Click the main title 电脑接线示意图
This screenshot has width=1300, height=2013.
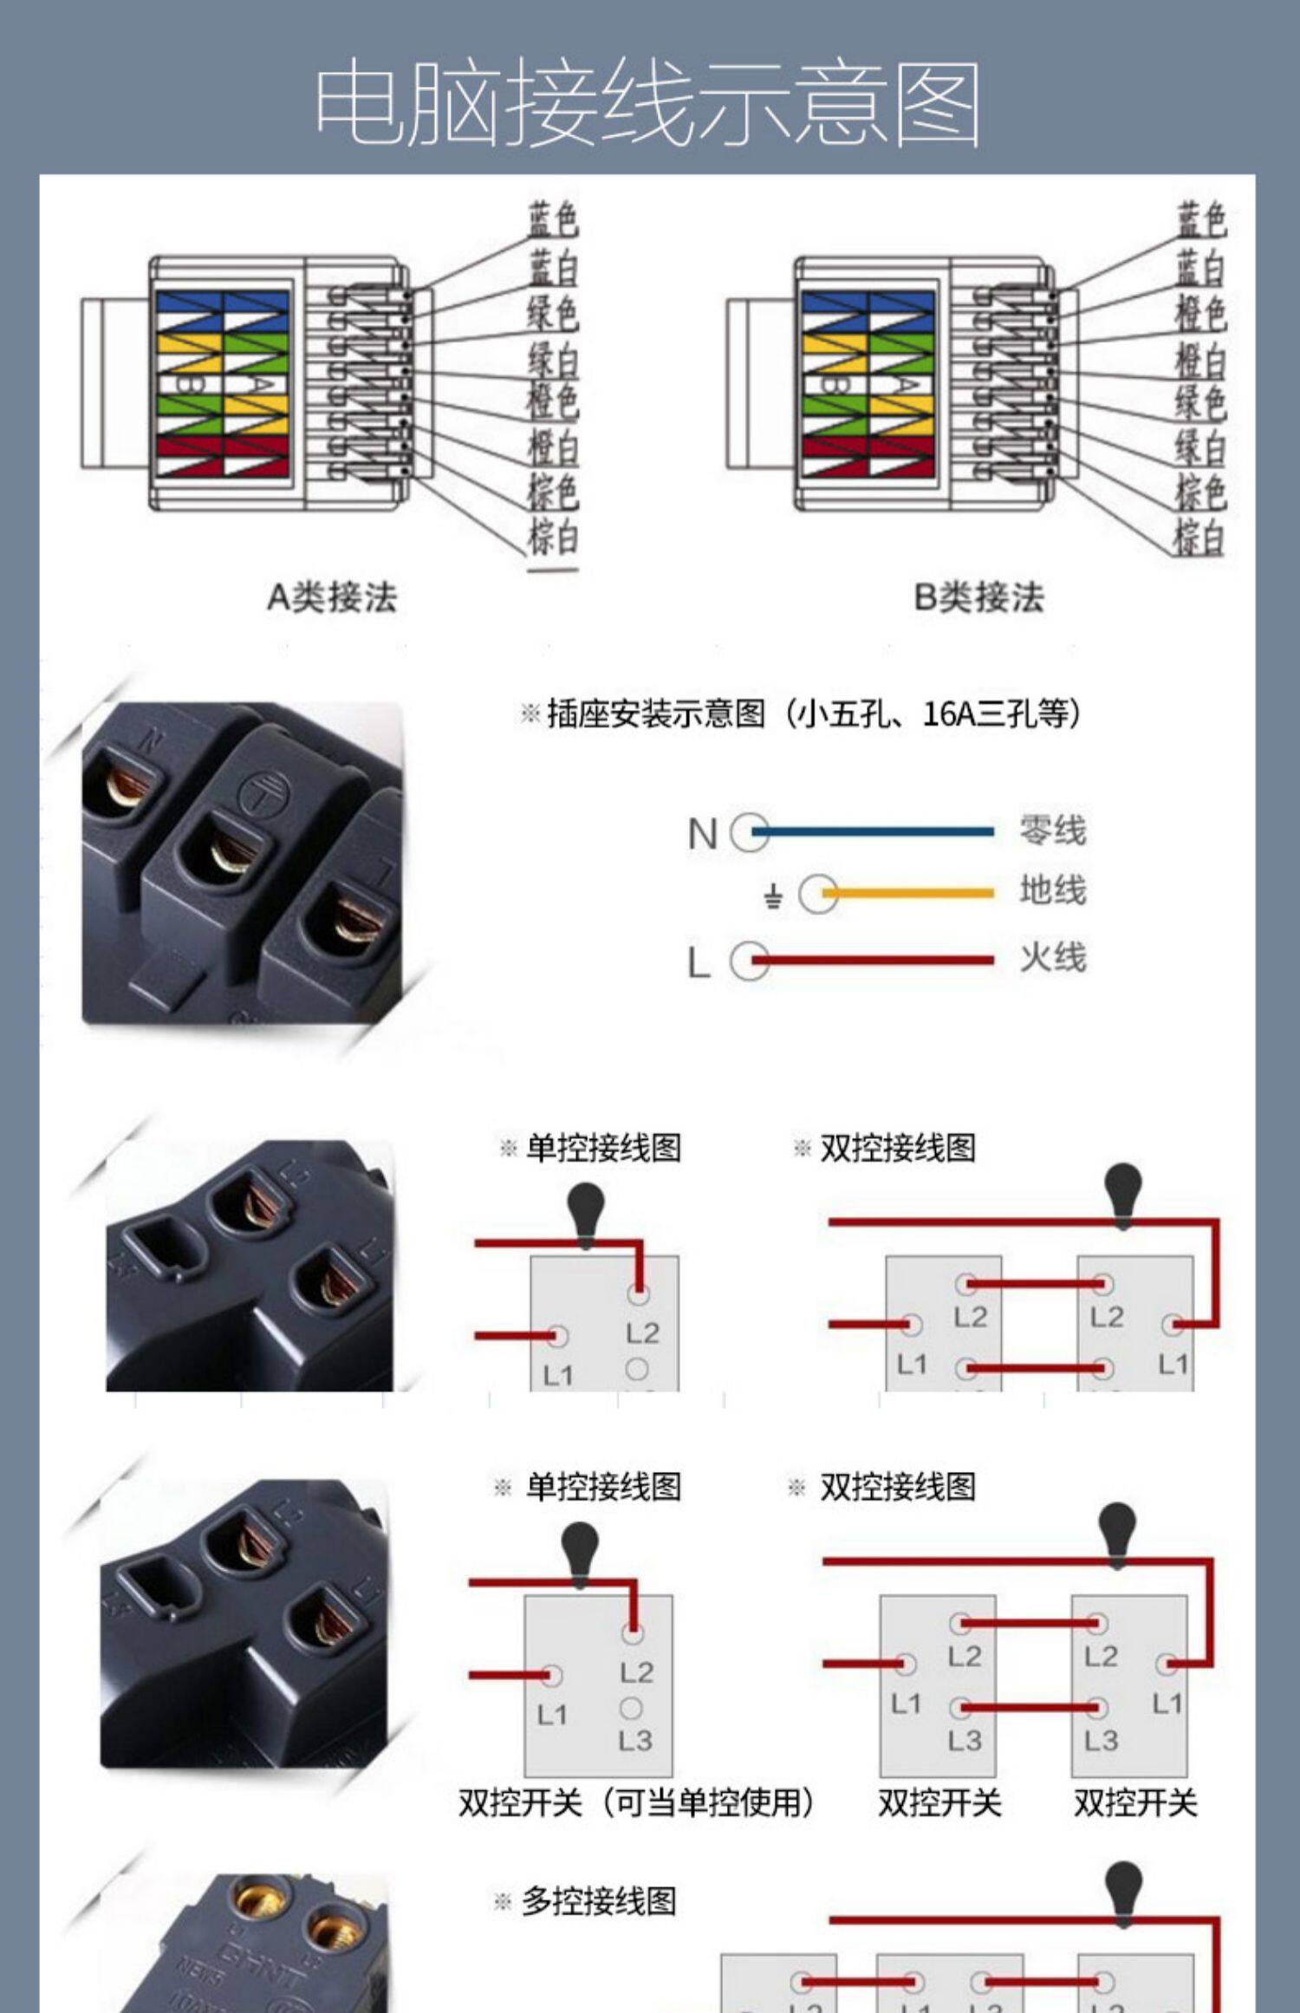tap(648, 104)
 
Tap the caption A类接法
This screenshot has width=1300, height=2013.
tap(332, 597)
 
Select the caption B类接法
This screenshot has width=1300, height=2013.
tap(979, 597)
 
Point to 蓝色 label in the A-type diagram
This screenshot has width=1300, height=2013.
tap(554, 218)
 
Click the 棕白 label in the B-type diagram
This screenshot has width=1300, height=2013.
tap(1200, 536)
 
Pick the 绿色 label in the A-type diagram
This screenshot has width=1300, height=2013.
tap(554, 312)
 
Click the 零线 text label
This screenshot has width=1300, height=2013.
tap(1053, 831)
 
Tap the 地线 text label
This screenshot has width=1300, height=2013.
tap(1053, 891)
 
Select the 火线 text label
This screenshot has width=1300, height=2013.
tap(1053, 959)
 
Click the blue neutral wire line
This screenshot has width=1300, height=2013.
tap(875, 831)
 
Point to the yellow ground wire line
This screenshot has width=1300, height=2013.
tap(910, 893)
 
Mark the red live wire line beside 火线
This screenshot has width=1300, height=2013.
tap(875, 960)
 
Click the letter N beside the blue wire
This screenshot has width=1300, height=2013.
tap(702, 835)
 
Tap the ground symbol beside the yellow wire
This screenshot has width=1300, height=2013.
tap(773, 896)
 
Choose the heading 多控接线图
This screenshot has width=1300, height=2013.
tap(598, 1902)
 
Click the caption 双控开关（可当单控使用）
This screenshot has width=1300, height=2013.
tap(636, 1803)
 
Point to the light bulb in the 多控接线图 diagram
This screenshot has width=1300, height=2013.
tap(1124, 1892)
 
